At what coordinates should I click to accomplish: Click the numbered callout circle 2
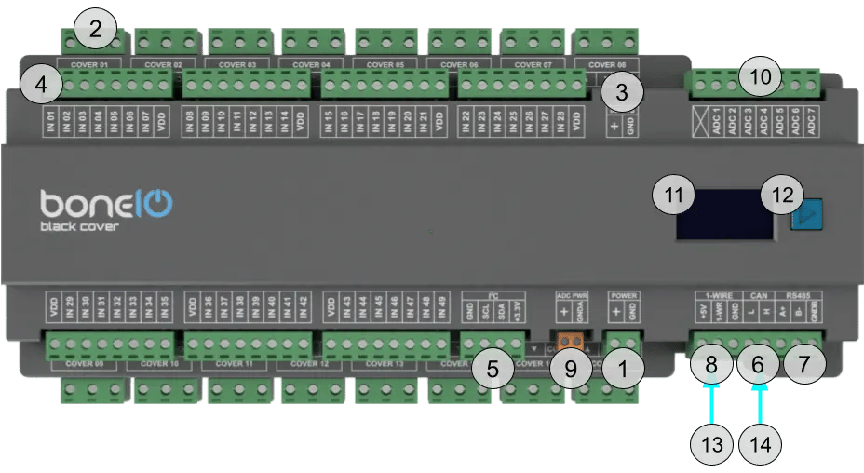(x=94, y=29)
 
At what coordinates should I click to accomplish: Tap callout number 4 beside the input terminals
(x=39, y=84)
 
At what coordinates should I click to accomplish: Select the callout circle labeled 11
(x=674, y=196)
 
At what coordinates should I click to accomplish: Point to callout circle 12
(x=782, y=196)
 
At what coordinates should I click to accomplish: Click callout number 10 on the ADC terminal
(x=761, y=78)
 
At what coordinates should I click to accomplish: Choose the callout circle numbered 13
(x=712, y=446)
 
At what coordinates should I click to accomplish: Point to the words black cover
(x=78, y=227)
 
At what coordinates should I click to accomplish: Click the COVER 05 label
(x=385, y=65)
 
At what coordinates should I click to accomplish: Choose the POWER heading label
(x=623, y=295)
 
